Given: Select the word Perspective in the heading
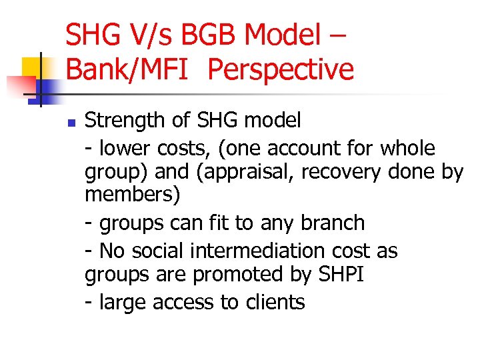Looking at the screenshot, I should coord(281,69).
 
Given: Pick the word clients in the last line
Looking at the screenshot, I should coord(274,303).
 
